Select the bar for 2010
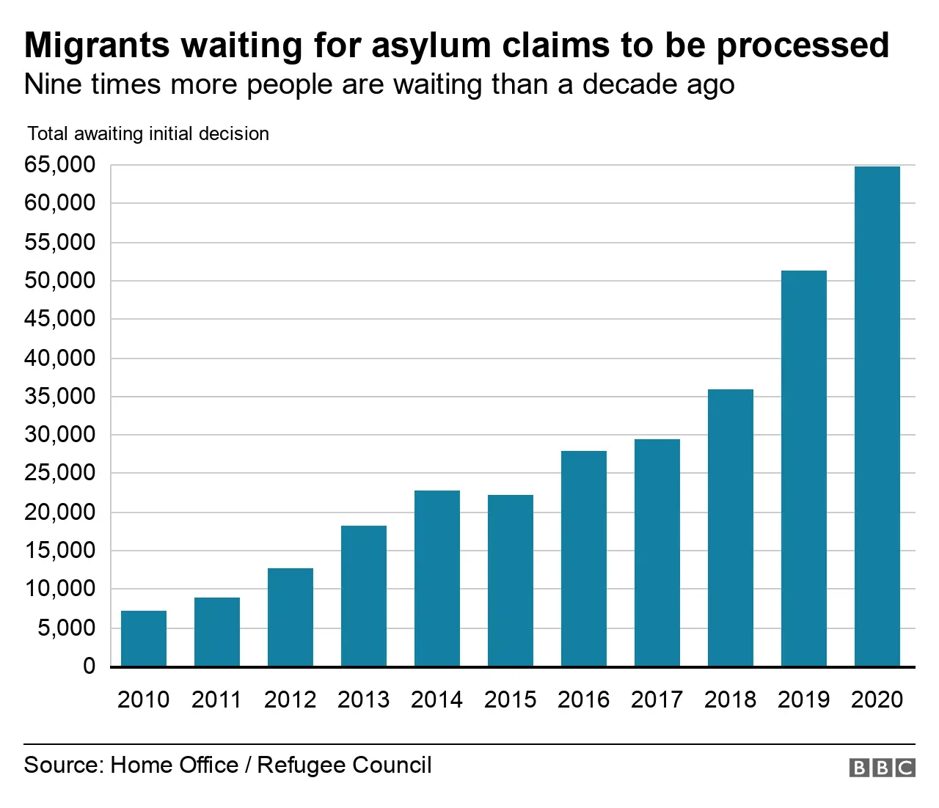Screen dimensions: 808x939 tap(144, 639)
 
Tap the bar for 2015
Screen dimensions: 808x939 tap(511, 581)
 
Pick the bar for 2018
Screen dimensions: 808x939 tap(731, 528)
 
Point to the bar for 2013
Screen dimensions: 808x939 tap(364, 596)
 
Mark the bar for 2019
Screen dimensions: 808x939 tap(804, 469)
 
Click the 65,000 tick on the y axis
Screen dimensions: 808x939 tap(60, 165)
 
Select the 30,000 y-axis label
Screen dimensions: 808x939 tap(60, 435)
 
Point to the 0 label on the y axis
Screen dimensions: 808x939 tap(89, 666)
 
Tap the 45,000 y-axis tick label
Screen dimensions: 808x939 tap(60, 319)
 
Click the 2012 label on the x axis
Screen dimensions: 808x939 tap(290, 699)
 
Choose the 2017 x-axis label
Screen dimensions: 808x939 tap(657, 699)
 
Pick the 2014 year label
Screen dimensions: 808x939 tap(436, 699)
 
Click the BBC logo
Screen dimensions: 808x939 tap(882, 768)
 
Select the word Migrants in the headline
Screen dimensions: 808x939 tap(97, 45)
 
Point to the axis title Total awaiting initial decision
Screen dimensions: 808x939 tap(148, 133)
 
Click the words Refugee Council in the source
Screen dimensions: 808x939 tap(344, 765)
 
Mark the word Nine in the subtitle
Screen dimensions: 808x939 tap(52, 84)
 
